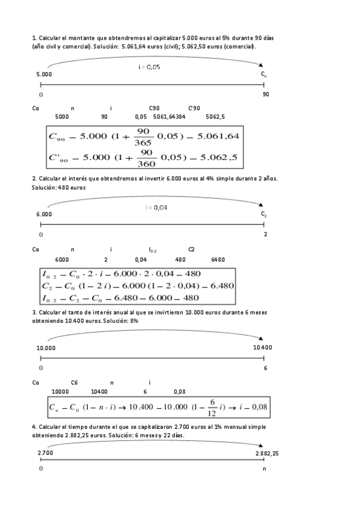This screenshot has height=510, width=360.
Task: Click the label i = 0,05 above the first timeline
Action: (x=149, y=67)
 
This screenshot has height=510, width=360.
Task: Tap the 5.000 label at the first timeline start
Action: (x=43, y=74)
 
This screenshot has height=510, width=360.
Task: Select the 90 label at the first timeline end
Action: (x=266, y=94)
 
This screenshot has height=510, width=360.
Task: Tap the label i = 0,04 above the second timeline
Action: (x=156, y=207)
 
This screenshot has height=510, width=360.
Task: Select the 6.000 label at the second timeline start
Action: (x=43, y=214)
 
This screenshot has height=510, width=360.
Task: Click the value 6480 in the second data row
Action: (x=218, y=260)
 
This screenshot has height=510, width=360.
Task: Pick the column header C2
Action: (x=191, y=249)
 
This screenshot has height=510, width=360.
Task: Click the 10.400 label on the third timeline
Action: (x=262, y=348)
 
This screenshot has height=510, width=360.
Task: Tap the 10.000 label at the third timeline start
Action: (x=46, y=348)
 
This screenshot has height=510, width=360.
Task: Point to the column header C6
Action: (x=75, y=382)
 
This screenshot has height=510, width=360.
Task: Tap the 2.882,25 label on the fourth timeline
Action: (x=267, y=453)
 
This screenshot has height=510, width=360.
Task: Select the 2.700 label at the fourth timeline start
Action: (x=45, y=453)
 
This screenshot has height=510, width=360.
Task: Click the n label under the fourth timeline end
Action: (x=263, y=467)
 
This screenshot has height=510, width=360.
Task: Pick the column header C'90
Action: (x=194, y=108)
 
